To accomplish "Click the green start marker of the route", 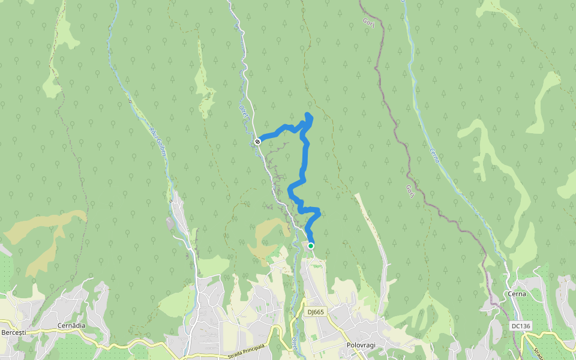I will point(311,245).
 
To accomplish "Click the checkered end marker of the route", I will point(257,142).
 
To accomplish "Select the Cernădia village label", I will point(71,325).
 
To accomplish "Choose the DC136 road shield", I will point(521,326).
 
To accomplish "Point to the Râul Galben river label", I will point(157,140).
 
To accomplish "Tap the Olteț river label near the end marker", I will point(243,112).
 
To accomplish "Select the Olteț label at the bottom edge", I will point(295,344).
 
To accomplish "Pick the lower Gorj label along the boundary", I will point(410,190).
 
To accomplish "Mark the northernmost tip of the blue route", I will point(308,114).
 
